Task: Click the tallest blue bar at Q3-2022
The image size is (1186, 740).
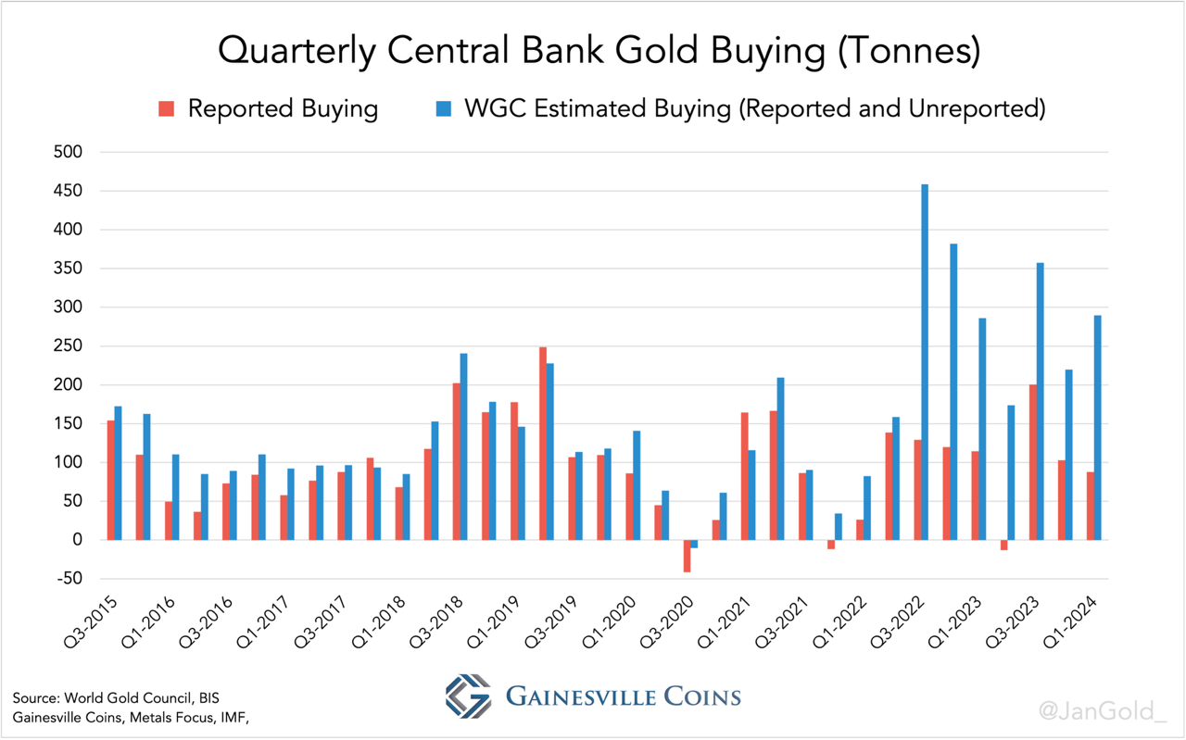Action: (925, 361)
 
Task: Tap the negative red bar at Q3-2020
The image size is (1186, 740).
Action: (688, 556)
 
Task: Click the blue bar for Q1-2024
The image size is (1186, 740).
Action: (1098, 427)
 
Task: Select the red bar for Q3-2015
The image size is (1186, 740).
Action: (111, 480)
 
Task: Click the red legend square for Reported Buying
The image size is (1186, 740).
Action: (167, 109)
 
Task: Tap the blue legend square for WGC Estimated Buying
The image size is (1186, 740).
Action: (444, 109)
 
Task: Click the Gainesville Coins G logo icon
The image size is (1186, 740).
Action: (469, 696)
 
